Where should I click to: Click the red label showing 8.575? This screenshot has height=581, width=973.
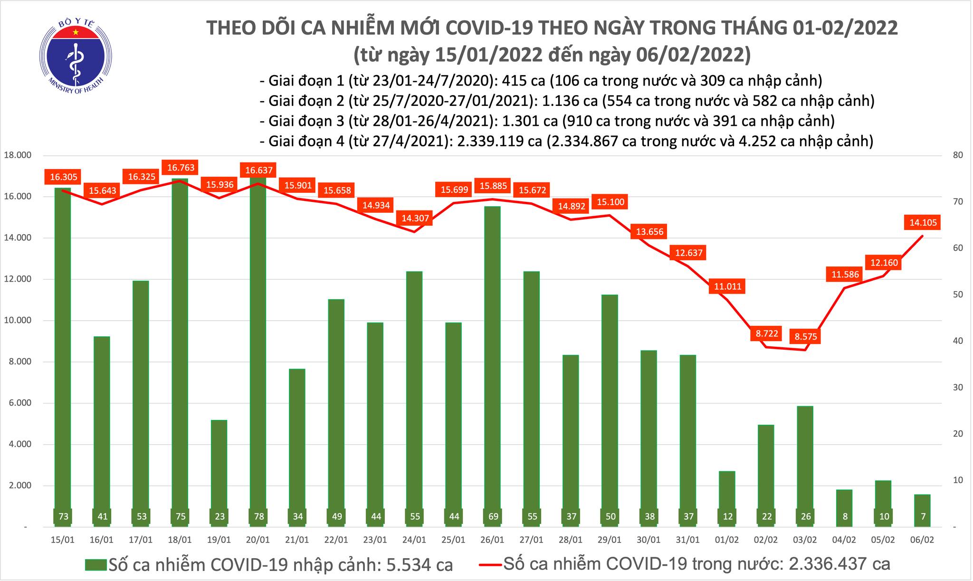click(x=806, y=337)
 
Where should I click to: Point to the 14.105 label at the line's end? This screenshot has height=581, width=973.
click(x=923, y=222)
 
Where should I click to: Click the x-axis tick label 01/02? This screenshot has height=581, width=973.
click(x=727, y=540)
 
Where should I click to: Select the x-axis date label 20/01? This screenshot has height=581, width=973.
click(x=258, y=540)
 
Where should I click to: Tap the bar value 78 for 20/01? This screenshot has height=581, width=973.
click(x=258, y=516)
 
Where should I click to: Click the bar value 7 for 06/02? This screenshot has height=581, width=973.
click(x=923, y=516)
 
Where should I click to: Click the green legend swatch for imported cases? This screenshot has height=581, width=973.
click(x=95, y=565)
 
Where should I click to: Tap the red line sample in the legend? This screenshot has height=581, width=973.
click(x=490, y=565)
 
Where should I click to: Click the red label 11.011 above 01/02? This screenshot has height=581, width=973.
click(x=727, y=286)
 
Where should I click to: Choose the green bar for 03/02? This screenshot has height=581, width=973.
click(x=805, y=466)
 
